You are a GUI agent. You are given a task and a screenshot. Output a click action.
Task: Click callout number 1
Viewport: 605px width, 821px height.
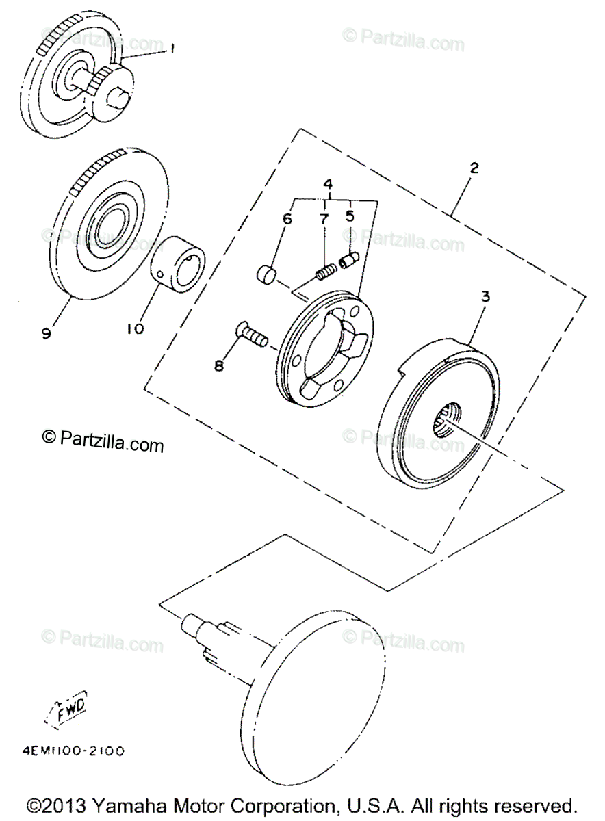pyautogui.click(x=172, y=49)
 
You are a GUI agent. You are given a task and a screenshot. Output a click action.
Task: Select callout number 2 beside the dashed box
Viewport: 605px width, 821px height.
pyautogui.click(x=474, y=167)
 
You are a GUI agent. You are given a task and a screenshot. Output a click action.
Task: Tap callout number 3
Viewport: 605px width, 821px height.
pyautogui.click(x=485, y=298)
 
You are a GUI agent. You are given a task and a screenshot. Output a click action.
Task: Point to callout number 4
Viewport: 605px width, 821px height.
pyautogui.click(x=328, y=185)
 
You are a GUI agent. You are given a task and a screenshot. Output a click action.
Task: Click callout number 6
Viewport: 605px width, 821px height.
pyautogui.click(x=287, y=219)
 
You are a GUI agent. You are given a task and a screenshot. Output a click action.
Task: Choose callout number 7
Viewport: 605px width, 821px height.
pyautogui.click(x=323, y=219)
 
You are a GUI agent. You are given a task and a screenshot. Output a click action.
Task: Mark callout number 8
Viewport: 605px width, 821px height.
pyautogui.click(x=219, y=366)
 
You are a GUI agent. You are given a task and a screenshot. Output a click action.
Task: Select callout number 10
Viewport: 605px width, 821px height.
pyautogui.click(x=135, y=329)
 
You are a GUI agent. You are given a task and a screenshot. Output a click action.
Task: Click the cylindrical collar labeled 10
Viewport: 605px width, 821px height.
pyautogui.click(x=179, y=263)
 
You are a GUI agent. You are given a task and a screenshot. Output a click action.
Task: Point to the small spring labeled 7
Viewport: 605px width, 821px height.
pyautogui.click(x=325, y=272)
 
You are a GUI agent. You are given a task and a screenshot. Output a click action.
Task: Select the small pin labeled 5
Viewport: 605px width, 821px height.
pyautogui.click(x=348, y=261)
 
